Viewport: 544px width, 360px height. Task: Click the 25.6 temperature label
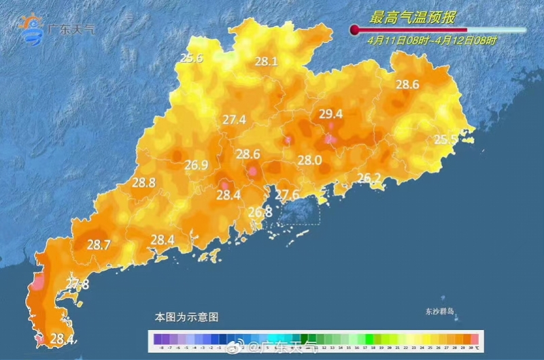[x=192, y=59]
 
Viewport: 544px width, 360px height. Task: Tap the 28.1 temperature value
[x=266, y=62]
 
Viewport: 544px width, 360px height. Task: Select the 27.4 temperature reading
[x=234, y=120]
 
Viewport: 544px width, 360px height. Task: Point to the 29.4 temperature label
[x=330, y=114]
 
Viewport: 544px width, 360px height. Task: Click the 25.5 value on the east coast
[x=445, y=140]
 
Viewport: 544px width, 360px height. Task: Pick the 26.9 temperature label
[x=197, y=165]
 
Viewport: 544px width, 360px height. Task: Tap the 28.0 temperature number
[x=309, y=160]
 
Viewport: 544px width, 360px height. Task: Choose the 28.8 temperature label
[x=143, y=182]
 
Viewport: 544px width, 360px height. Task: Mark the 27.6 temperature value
[x=287, y=195]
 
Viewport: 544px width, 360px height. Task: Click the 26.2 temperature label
[x=369, y=178]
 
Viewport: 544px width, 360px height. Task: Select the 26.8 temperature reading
[x=260, y=212]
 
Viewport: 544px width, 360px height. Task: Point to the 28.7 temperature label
[x=99, y=245]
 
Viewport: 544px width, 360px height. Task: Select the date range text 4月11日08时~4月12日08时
[x=432, y=41]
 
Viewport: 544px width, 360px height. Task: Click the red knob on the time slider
[x=354, y=30]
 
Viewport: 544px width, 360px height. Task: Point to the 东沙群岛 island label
[x=439, y=312]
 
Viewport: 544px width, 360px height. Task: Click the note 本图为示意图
[x=186, y=317]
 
